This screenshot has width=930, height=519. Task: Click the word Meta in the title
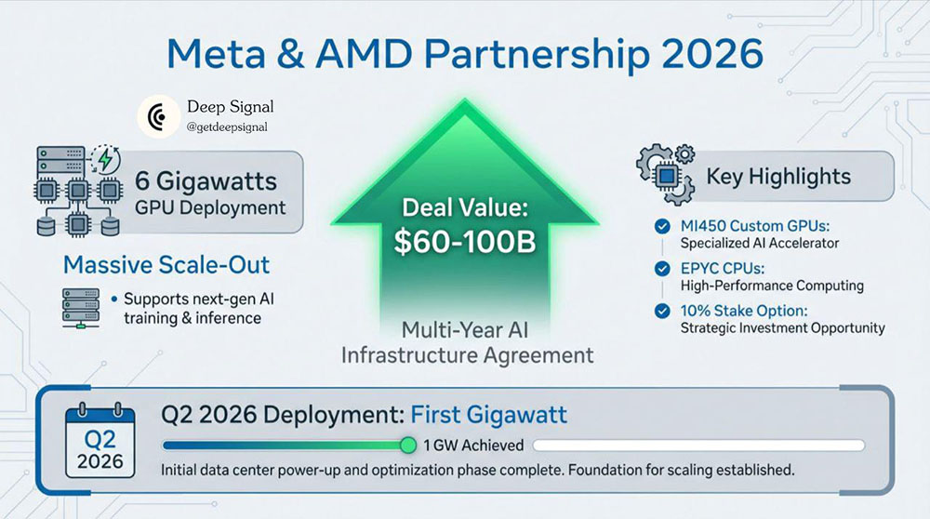click(x=216, y=54)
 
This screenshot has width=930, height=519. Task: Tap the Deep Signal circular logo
click(x=158, y=117)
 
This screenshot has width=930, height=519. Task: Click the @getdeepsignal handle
click(x=227, y=126)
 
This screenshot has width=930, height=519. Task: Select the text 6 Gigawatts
click(x=206, y=181)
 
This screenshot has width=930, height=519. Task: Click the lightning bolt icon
click(x=106, y=159)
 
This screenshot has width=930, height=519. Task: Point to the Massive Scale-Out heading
click(x=166, y=264)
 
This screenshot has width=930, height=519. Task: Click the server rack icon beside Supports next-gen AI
click(x=81, y=308)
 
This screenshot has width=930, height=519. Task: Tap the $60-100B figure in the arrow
click(x=465, y=242)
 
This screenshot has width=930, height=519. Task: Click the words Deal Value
click(x=465, y=207)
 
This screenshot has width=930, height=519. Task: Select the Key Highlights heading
click(x=778, y=177)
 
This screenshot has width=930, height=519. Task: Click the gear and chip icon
click(x=666, y=174)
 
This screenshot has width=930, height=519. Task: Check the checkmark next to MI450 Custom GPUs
click(x=662, y=226)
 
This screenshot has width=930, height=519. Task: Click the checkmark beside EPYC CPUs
click(x=662, y=269)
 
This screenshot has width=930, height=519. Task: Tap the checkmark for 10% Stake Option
click(x=662, y=311)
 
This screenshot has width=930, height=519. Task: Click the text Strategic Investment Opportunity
click(x=782, y=328)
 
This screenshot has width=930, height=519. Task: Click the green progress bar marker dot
click(x=408, y=445)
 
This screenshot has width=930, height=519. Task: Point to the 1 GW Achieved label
click(x=473, y=446)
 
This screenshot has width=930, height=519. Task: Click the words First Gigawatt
click(x=489, y=415)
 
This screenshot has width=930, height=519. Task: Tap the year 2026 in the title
click(x=711, y=54)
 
